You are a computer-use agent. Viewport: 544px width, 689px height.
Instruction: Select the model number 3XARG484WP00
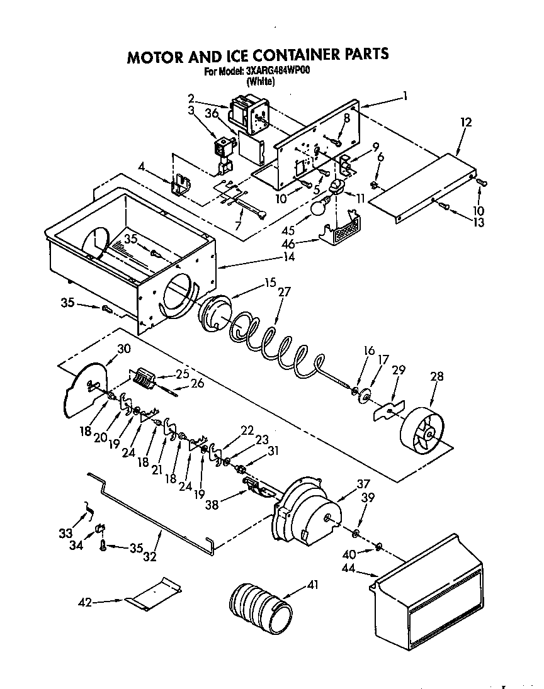point(275,71)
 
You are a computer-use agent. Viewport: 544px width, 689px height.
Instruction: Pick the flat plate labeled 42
point(154,593)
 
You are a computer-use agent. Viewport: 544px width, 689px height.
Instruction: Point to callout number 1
point(406,96)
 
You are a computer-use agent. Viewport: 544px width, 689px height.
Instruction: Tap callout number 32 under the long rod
point(150,556)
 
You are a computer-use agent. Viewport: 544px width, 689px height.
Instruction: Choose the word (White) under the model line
point(259,81)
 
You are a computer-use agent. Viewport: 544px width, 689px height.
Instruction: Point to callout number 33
point(65,534)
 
